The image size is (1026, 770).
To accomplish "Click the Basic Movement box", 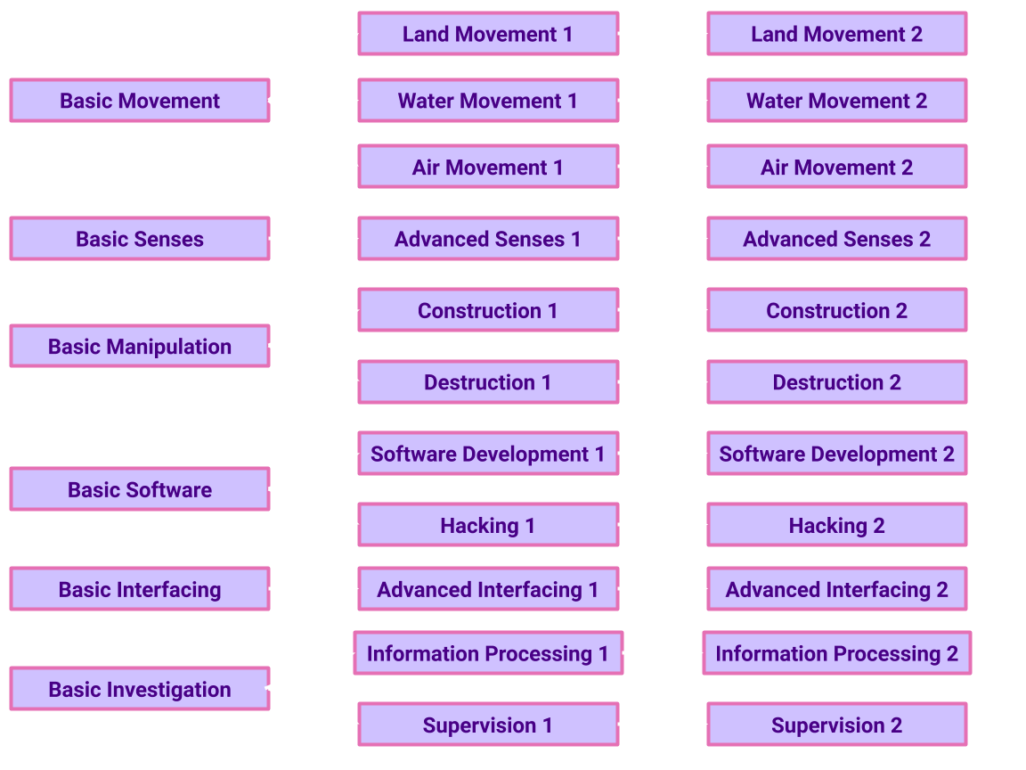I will [140, 101].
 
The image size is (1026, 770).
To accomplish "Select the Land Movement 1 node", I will [488, 34].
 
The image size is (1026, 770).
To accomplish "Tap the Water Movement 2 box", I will [836, 101].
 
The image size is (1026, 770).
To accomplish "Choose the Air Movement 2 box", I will [836, 168].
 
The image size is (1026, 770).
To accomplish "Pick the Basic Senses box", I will [140, 239].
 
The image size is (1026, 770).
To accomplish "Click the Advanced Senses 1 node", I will [488, 239].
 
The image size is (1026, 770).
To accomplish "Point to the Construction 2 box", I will [836, 310].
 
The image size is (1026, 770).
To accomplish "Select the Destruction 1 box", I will [488, 382].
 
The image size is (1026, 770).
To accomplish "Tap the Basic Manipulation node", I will [140, 347].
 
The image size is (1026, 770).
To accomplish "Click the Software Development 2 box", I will [836, 454].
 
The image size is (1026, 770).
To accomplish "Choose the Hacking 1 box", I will [488, 526].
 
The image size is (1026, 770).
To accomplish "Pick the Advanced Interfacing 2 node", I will [836, 589].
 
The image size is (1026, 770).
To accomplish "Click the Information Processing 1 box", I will [488, 653].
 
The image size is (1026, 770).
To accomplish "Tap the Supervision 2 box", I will [836, 725].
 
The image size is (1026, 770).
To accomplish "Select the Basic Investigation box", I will [140, 689].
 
